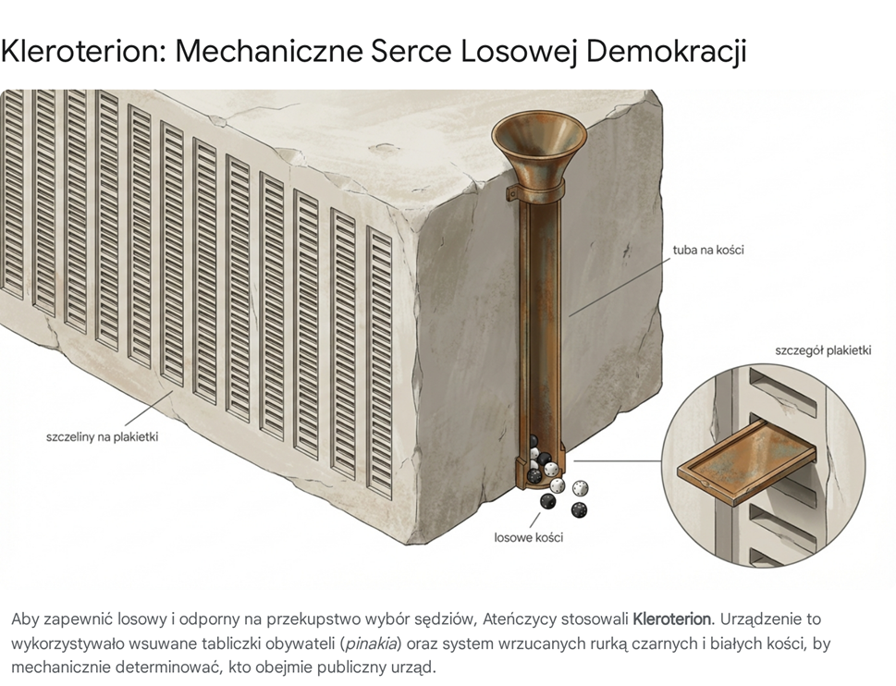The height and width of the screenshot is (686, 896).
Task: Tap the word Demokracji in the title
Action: (667, 52)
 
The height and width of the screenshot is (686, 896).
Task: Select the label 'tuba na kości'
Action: (708, 250)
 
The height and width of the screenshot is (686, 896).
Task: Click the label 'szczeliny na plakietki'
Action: (102, 437)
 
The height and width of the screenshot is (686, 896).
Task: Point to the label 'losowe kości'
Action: (529, 537)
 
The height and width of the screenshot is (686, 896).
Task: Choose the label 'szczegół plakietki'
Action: (823, 350)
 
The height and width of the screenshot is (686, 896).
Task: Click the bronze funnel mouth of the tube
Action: (539, 132)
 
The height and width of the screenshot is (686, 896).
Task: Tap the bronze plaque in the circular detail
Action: (745, 461)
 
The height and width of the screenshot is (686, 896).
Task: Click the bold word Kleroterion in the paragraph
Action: (672, 619)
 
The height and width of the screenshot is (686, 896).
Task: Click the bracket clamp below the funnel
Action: (536, 190)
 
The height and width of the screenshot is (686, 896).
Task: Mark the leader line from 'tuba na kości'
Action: (620, 287)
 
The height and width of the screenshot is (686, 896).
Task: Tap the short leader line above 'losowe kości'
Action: (534, 521)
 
